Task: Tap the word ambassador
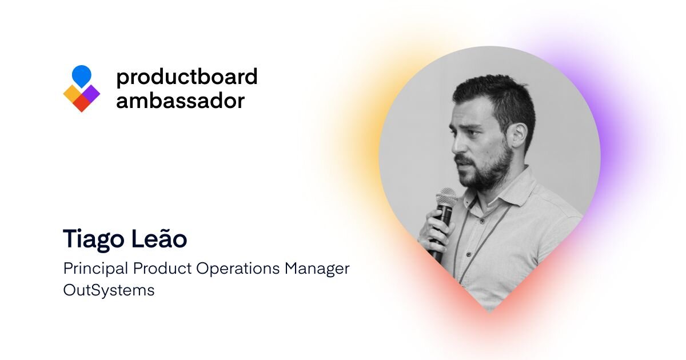tap(181, 101)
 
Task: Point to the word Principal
tap(95, 269)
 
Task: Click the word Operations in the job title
tap(238, 269)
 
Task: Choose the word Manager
tap(317, 269)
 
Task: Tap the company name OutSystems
tap(109, 290)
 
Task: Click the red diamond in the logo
tap(81, 104)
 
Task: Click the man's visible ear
tap(519, 135)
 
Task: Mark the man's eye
tap(474, 133)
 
